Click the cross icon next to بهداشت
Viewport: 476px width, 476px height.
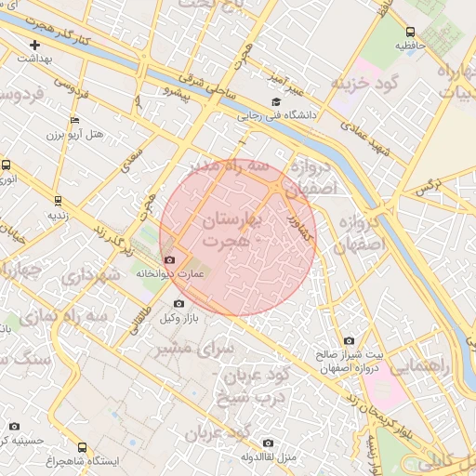tap(35, 44)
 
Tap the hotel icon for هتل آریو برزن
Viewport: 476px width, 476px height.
tap(74, 120)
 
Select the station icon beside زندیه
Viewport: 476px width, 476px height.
tap(59, 200)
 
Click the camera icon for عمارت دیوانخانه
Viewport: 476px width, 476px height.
tap(168, 259)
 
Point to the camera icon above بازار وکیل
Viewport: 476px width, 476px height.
tap(178, 303)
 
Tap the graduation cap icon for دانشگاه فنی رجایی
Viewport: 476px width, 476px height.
tap(275, 102)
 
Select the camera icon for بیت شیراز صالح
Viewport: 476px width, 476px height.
tap(349, 340)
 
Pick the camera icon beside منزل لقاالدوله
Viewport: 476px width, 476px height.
tap(269, 443)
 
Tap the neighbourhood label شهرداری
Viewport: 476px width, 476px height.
tap(89, 276)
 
